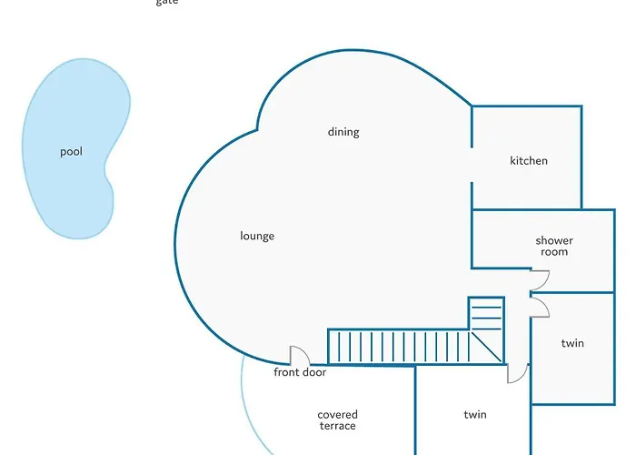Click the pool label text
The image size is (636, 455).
(x=71, y=152)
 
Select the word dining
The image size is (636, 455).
(x=343, y=132)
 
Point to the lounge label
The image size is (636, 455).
(x=257, y=237)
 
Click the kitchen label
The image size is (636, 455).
(x=529, y=161)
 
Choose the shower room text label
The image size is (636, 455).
(x=553, y=246)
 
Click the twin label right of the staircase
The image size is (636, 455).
(x=572, y=343)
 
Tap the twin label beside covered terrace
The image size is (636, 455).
(x=475, y=415)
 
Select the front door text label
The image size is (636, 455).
(x=300, y=372)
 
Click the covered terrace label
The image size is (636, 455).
(x=337, y=420)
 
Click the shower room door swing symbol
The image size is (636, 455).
(x=538, y=282)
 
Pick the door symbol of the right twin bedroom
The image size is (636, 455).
(x=539, y=308)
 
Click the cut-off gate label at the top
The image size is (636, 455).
(x=166, y=3)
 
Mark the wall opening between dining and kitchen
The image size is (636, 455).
(x=472, y=165)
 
